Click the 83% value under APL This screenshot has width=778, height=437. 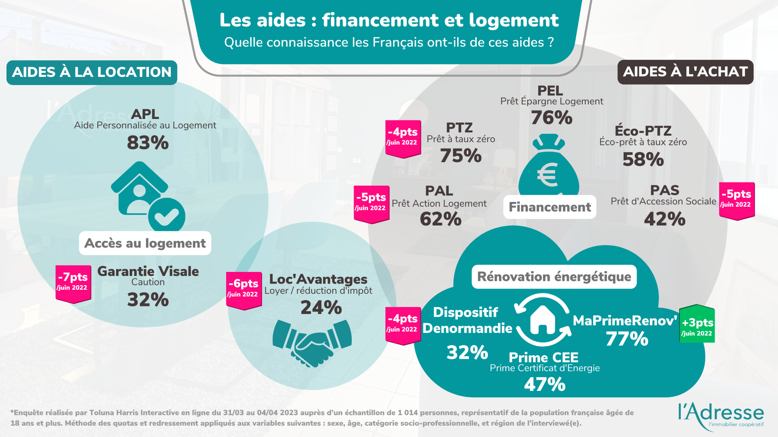pyautogui.click(x=147, y=143)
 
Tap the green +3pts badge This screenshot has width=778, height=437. pyautogui.click(x=697, y=324)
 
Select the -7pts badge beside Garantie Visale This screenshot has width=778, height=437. pyautogui.click(x=73, y=283)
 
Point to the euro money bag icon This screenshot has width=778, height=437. pyautogui.click(x=549, y=166)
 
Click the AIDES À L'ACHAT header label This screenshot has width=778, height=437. pyautogui.click(x=685, y=72)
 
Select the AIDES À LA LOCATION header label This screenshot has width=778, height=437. pyautogui.click(x=92, y=72)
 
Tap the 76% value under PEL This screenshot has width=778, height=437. pyautogui.click(x=551, y=118)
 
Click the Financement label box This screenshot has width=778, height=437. pyautogui.click(x=549, y=207)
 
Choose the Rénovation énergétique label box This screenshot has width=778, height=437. pyautogui.click(x=554, y=277)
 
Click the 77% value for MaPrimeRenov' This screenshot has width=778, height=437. pyautogui.click(x=627, y=339)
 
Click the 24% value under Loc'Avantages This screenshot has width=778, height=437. pyautogui.click(x=321, y=308)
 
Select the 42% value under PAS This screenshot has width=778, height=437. pyautogui.click(x=665, y=219)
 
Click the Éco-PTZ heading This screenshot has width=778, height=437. pyautogui.click(x=643, y=131)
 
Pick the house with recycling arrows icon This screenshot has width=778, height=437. pyautogui.click(x=543, y=320)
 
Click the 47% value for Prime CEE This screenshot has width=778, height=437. pyautogui.click(x=545, y=384)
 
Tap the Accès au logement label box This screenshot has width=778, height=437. pyautogui.click(x=145, y=243)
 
